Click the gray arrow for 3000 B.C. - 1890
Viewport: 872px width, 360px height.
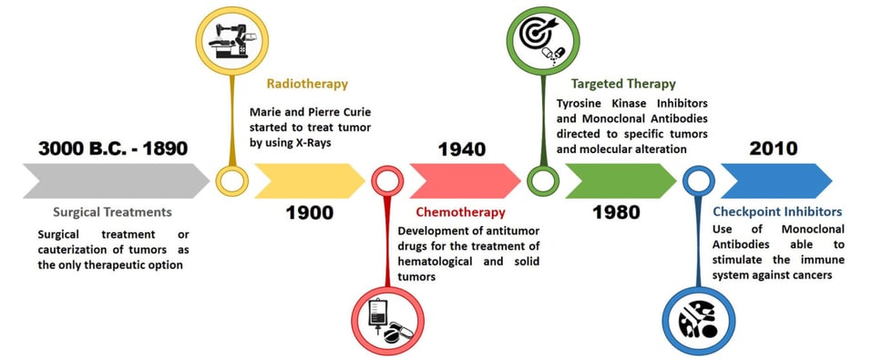[x=114, y=180]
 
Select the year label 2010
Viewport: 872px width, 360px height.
[x=771, y=149]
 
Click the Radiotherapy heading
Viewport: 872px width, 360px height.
[x=307, y=84]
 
